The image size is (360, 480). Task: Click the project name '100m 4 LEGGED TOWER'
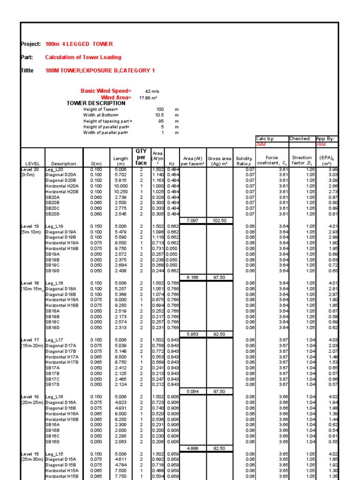(79, 44)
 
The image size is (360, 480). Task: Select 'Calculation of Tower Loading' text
(83, 57)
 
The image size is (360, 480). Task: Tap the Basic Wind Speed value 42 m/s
(153, 91)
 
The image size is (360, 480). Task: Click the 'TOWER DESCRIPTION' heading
(96, 103)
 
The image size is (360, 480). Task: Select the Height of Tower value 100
(159, 109)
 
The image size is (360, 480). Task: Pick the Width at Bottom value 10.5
(159, 115)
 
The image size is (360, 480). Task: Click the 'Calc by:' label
(265, 139)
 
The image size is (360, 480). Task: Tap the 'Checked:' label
(300, 139)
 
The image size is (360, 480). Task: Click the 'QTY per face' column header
(141, 157)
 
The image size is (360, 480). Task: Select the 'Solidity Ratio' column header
(244, 161)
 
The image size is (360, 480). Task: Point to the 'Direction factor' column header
(301, 161)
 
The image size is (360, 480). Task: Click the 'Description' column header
(64, 164)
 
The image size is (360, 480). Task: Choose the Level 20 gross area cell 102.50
(219, 220)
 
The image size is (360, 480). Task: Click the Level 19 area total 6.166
(193, 277)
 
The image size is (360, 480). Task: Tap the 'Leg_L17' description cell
(54, 340)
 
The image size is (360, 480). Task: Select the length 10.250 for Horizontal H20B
(120, 191)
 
